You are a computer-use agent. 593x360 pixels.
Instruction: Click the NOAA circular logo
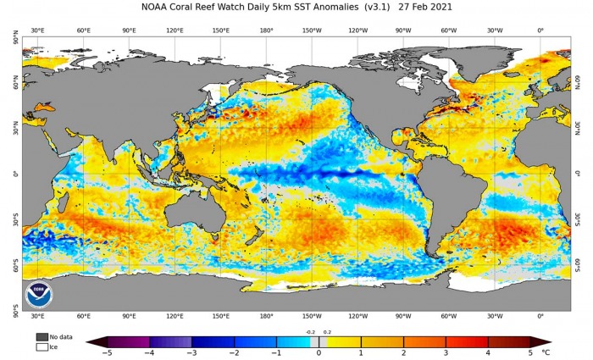pos(38,294)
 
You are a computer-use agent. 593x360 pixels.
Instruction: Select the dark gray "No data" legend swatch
pos(42,336)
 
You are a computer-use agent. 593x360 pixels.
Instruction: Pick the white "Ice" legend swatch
pos(42,346)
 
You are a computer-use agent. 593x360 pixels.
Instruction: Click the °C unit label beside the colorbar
pos(546,352)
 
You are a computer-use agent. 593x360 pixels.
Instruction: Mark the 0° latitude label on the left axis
pos(15,173)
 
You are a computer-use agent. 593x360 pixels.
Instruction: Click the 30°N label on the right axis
pos(579,128)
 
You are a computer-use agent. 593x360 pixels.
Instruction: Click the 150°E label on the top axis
pos(220,30)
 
